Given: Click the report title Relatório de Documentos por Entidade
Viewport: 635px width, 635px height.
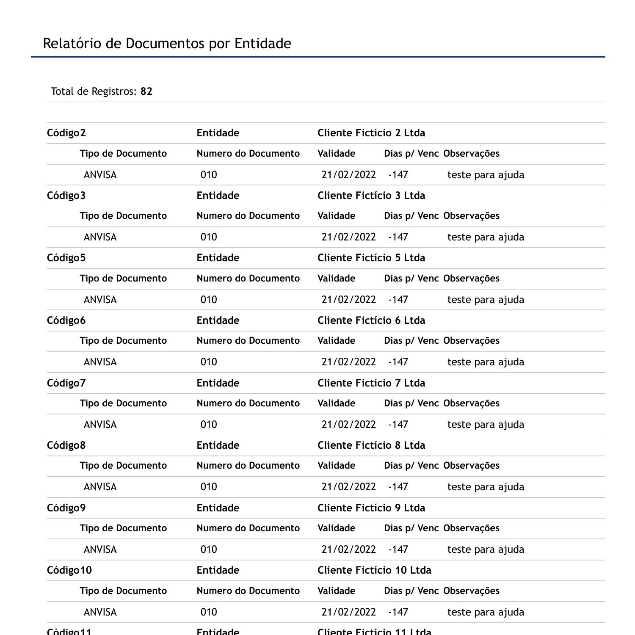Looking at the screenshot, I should (x=167, y=44).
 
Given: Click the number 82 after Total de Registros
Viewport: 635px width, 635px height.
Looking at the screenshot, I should (x=146, y=91).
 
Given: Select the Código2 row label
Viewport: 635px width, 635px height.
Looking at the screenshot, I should (x=66, y=133).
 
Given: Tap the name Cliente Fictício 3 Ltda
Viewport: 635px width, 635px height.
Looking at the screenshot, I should (x=371, y=196).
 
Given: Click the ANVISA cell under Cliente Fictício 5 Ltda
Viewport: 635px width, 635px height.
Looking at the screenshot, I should (x=100, y=300).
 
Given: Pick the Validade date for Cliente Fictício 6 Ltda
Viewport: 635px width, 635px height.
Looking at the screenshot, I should (x=349, y=362).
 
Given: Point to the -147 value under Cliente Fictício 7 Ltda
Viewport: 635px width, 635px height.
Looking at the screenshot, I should (x=398, y=425).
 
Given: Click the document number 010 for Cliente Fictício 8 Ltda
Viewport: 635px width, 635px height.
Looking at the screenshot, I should (x=209, y=487).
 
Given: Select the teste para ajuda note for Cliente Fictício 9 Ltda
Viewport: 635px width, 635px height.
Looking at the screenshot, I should (x=486, y=549).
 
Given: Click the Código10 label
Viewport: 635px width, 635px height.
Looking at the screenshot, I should (x=69, y=570).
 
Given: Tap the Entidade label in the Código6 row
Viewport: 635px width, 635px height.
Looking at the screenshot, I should (x=218, y=320).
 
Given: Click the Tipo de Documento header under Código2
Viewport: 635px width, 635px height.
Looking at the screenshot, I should (x=123, y=154).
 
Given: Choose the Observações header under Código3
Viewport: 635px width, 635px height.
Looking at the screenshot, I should (x=471, y=216).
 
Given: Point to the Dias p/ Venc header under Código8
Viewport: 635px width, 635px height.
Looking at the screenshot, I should (x=411, y=466).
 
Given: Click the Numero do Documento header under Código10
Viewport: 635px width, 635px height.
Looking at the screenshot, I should (x=248, y=591).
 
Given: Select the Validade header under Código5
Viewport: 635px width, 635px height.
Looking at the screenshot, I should (x=337, y=279).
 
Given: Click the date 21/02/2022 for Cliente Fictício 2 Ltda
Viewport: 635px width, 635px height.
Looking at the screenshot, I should (x=349, y=175).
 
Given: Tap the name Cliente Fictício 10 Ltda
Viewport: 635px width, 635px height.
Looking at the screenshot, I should (x=374, y=570).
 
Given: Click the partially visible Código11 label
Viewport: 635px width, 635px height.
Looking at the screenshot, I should (x=69, y=631).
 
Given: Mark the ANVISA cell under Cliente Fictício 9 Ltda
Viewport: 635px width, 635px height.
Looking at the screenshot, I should (x=100, y=549).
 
